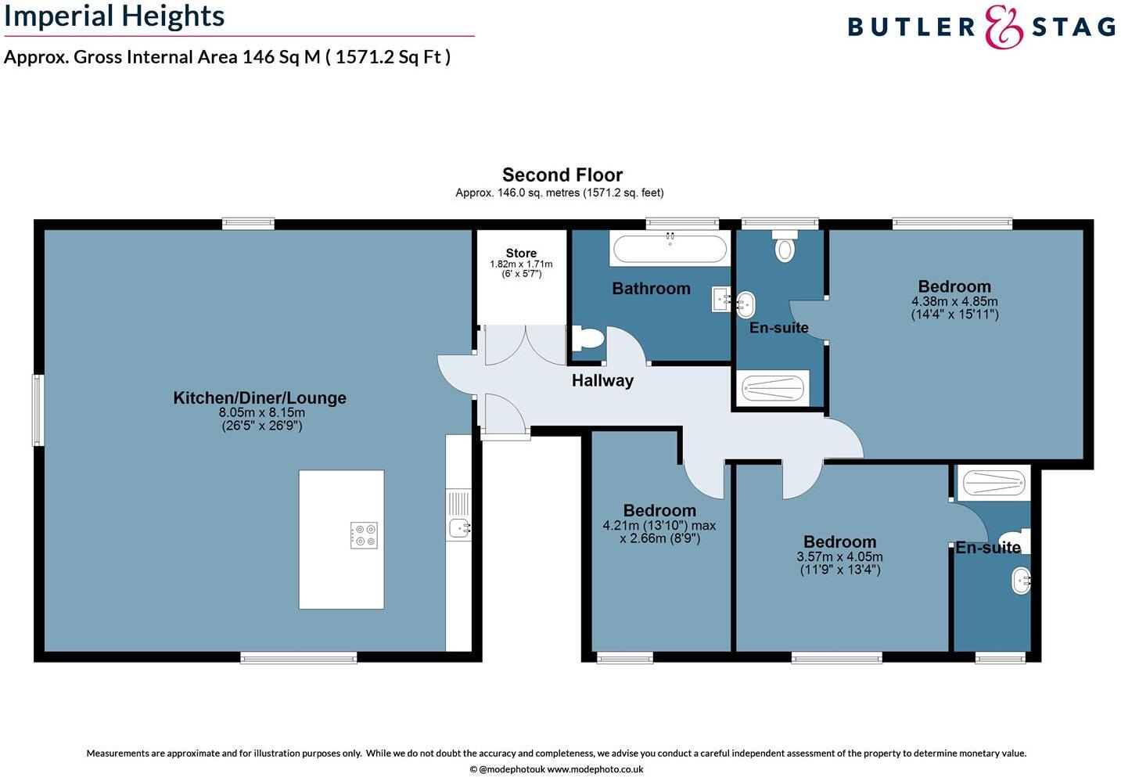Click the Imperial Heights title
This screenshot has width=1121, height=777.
(114, 16)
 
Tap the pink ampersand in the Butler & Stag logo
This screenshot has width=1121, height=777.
(1003, 27)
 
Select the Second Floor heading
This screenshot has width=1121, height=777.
(562, 174)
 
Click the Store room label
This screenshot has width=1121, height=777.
(521, 253)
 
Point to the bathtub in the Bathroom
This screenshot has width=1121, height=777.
(670, 249)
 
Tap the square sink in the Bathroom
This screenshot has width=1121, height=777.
(720, 299)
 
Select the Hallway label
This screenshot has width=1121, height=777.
(602, 381)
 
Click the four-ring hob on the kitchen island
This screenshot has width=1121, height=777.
(364, 534)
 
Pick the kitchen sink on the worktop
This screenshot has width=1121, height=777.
(459, 528)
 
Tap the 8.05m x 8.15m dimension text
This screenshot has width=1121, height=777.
(261, 412)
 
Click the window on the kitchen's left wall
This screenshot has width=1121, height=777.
(38, 410)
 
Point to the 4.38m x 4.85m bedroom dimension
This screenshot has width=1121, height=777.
(954, 301)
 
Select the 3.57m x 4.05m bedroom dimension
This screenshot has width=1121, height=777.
(839, 557)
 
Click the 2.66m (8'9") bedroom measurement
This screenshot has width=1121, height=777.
(659, 538)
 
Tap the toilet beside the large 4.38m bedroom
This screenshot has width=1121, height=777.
(784, 247)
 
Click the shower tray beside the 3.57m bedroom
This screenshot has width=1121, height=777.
(992, 483)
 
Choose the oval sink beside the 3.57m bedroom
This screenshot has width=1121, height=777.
(1020, 581)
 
